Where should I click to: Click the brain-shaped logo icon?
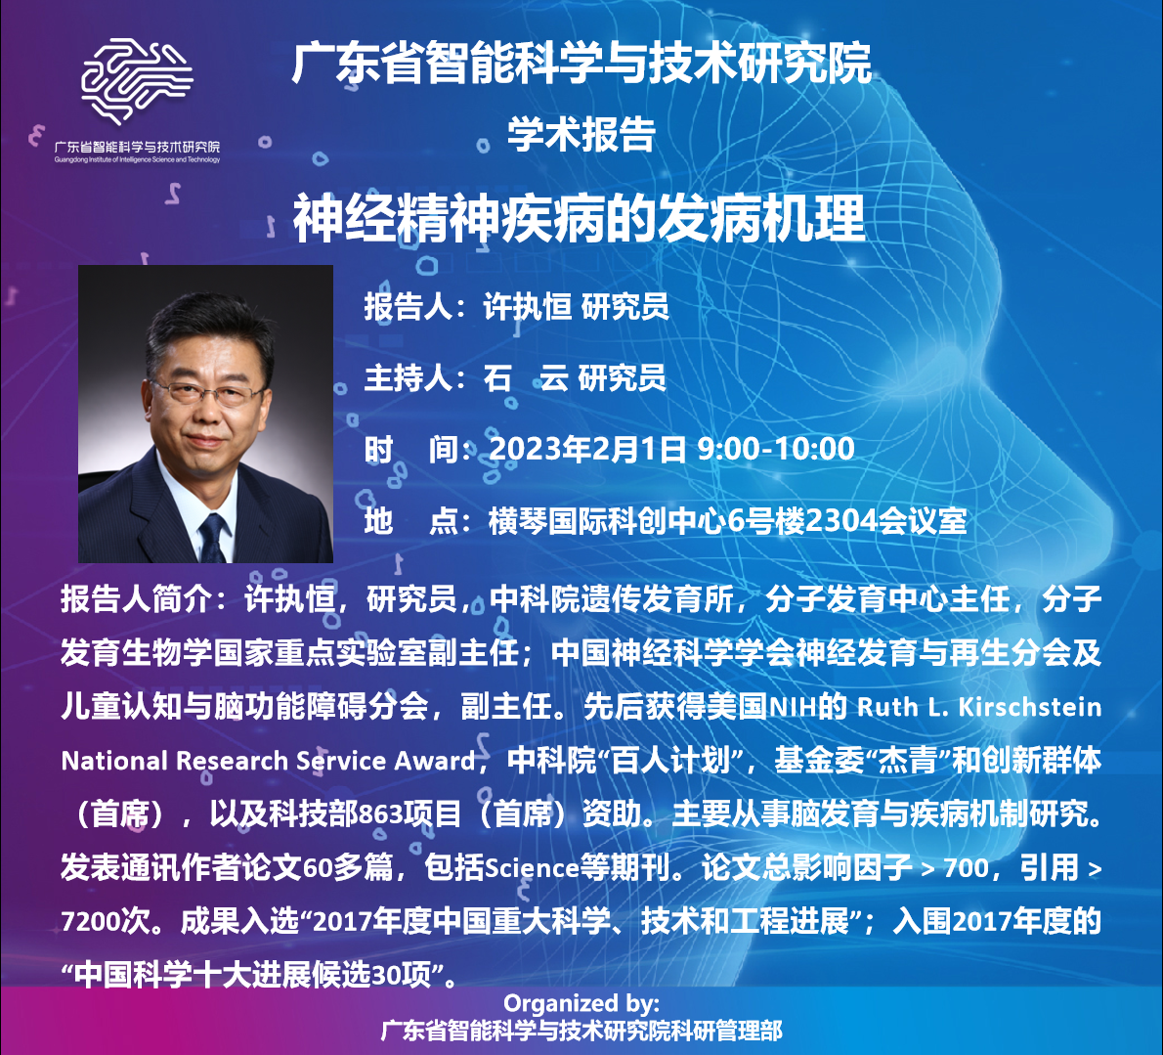click(137, 80)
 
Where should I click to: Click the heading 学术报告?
click(581, 134)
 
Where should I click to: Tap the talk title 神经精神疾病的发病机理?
click(580, 218)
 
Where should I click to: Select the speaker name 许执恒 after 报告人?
click(528, 306)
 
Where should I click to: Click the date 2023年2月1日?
click(587, 449)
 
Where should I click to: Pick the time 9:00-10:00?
click(777, 449)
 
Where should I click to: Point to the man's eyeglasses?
click(208, 391)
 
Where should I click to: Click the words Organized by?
click(581, 1003)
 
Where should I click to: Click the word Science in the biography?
click(531, 867)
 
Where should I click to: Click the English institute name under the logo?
click(137, 159)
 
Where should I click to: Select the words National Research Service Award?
click(269, 761)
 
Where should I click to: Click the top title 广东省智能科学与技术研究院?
click(581, 63)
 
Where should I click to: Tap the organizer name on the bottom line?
click(581, 1031)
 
